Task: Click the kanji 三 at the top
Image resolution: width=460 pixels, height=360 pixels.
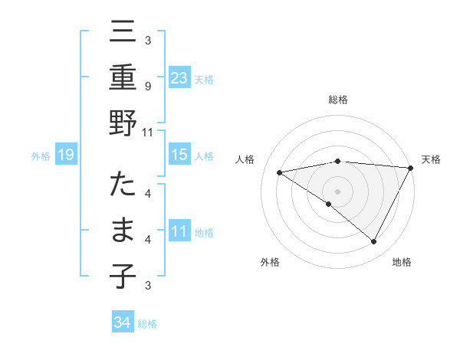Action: point(123,34)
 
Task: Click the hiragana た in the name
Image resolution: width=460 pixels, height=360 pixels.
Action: point(123,187)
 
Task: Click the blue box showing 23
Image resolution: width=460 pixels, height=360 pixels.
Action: point(179,77)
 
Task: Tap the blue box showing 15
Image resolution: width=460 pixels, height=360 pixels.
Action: point(179,155)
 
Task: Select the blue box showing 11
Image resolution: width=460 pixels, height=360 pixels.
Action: point(179,232)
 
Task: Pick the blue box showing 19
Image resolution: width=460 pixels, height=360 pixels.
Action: point(66,155)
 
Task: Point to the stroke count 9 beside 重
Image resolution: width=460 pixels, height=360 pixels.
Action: point(147,87)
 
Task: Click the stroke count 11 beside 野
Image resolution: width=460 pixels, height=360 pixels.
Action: point(147,132)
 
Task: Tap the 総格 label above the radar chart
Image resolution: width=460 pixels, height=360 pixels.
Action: point(338,100)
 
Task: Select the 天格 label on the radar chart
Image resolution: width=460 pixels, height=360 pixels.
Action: point(431,159)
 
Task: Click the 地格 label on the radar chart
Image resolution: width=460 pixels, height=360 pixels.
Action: point(402,263)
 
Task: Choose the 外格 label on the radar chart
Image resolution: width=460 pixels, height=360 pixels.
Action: point(270,263)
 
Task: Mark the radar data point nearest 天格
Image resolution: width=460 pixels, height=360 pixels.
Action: point(410,168)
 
